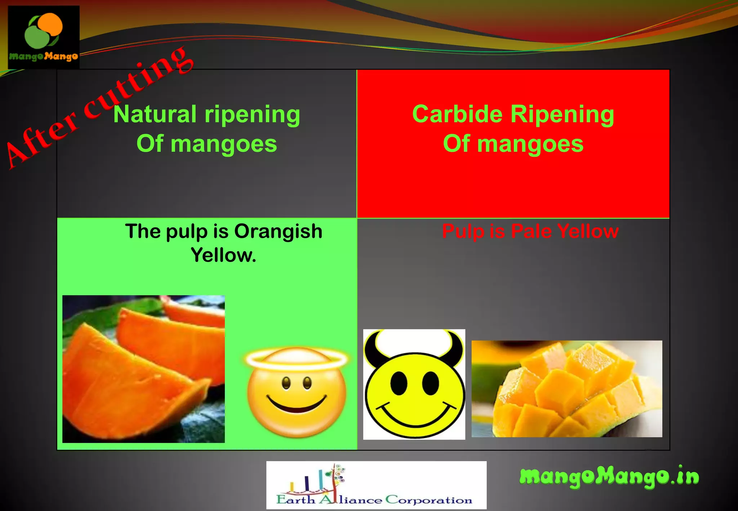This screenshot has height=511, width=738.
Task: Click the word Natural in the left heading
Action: (x=155, y=114)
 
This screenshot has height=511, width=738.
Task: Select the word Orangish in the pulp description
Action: (x=278, y=231)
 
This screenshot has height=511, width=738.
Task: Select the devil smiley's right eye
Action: (x=430, y=383)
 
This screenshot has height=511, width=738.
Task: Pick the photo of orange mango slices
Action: (x=143, y=369)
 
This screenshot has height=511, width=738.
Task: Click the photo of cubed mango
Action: (x=566, y=389)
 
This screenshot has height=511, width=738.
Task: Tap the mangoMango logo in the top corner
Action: (x=44, y=37)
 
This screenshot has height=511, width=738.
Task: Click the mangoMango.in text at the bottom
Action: (x=609, y=476)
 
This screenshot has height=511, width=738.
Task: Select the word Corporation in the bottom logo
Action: (x=429, y=500)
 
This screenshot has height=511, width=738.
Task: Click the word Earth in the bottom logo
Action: (x=295, y=500)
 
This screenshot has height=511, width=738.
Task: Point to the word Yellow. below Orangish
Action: (x=223, y=255)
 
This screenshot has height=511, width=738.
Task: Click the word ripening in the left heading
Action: (x=252, y=115)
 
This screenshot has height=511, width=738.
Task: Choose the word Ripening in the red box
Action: (x=562, y=115)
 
